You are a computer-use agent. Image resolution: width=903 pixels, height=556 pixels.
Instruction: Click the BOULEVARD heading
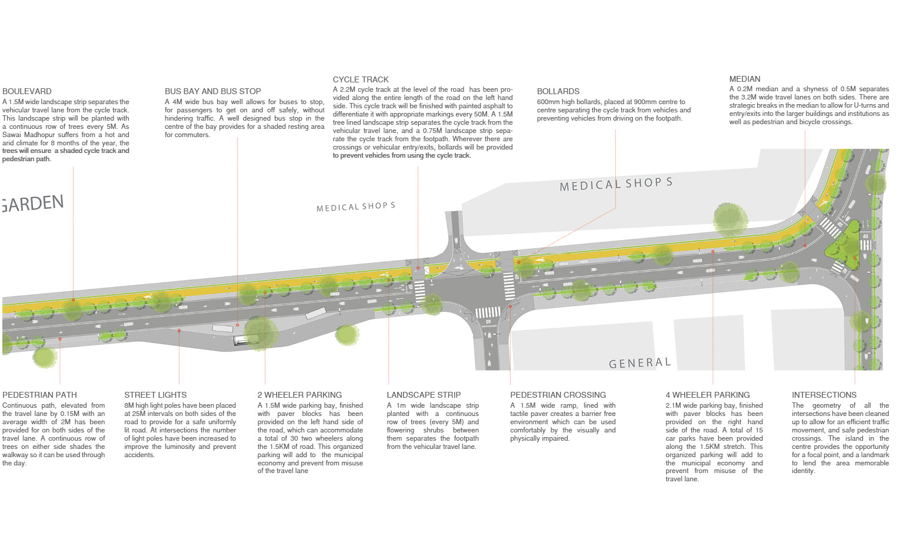click(27, 92)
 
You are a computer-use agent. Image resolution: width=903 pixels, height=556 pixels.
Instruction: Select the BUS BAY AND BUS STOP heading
click(213, 92)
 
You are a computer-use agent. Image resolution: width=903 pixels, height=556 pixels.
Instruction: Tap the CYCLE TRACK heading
click(361, 80)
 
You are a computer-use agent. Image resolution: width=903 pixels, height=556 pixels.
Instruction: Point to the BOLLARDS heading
click(558, 92)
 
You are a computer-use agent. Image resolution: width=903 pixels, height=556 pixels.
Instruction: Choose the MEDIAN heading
click(745, 79)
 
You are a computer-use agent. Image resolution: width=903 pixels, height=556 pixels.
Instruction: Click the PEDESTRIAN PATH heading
click(39, 395)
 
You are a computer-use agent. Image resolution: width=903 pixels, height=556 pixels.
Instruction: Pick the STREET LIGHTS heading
click(156, 395)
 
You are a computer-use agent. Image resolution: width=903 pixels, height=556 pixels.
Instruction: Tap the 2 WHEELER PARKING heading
click(300, 395)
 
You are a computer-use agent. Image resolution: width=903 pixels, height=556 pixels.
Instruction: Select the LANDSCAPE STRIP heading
click(424, 395)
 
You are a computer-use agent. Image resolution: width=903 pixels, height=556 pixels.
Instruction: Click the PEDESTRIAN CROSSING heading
click(558, 395)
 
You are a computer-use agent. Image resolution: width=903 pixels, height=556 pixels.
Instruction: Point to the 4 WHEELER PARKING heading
click(708, 395)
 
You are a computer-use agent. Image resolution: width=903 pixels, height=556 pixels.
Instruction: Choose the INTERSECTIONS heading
click(824, 395)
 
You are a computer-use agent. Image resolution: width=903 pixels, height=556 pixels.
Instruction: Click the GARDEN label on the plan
click(32, 203)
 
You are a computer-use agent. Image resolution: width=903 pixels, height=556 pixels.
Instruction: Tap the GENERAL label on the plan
click(640, 363)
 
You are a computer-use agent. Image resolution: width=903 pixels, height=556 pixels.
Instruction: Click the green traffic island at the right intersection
click(842, 244)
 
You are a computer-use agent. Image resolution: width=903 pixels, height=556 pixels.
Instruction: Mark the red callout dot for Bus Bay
click(238, 325)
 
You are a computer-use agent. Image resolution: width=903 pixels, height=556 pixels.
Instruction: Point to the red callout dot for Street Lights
click(179, 331)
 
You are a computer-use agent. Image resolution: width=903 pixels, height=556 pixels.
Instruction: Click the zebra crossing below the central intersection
click(488, 312)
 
